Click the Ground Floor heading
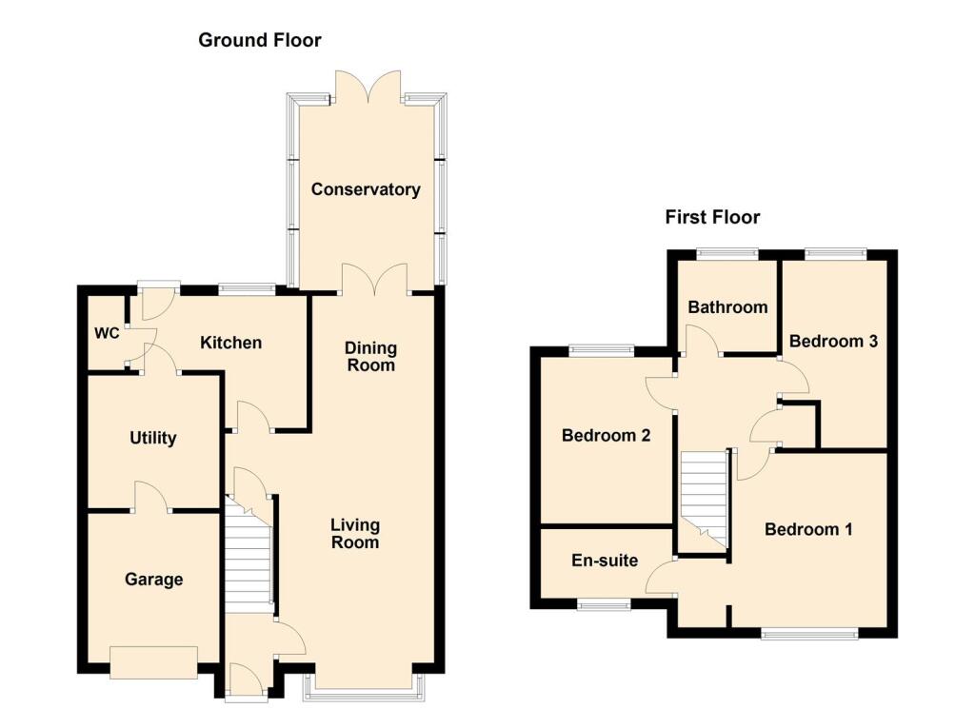click(259, 40)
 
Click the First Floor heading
click(712, 217)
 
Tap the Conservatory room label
click(366, 189)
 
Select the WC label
click(107, 333)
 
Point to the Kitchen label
click(230, 342)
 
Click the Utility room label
click(153, 438)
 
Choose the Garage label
click(153, 579)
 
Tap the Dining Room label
click(370, 357)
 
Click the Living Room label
click(355, 534)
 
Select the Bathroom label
click(727, 307)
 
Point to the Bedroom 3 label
click(833, 341)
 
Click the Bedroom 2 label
click(606, 436)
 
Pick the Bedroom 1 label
click(808, 529)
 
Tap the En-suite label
click(605, 561)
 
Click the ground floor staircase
click(249, 561)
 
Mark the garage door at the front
click(153, 661)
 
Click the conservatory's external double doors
click(367, 86)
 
